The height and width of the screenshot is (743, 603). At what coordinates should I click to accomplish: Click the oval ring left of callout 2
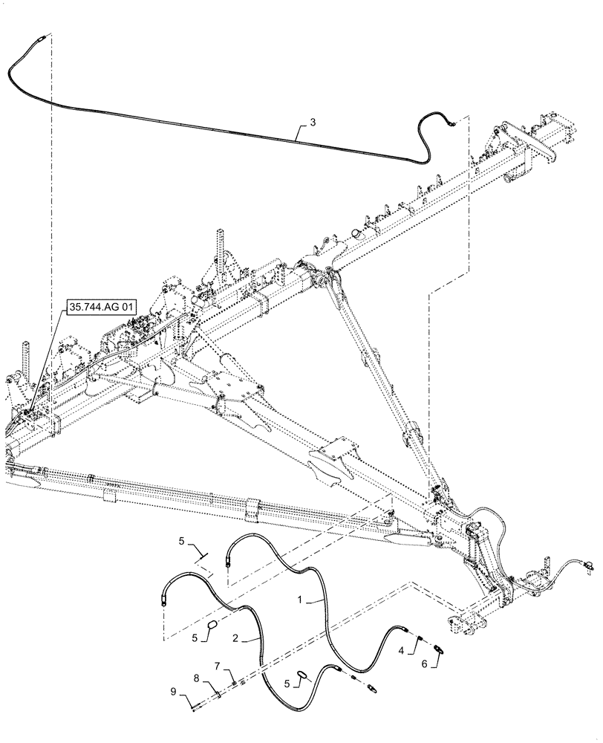point(211,628)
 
